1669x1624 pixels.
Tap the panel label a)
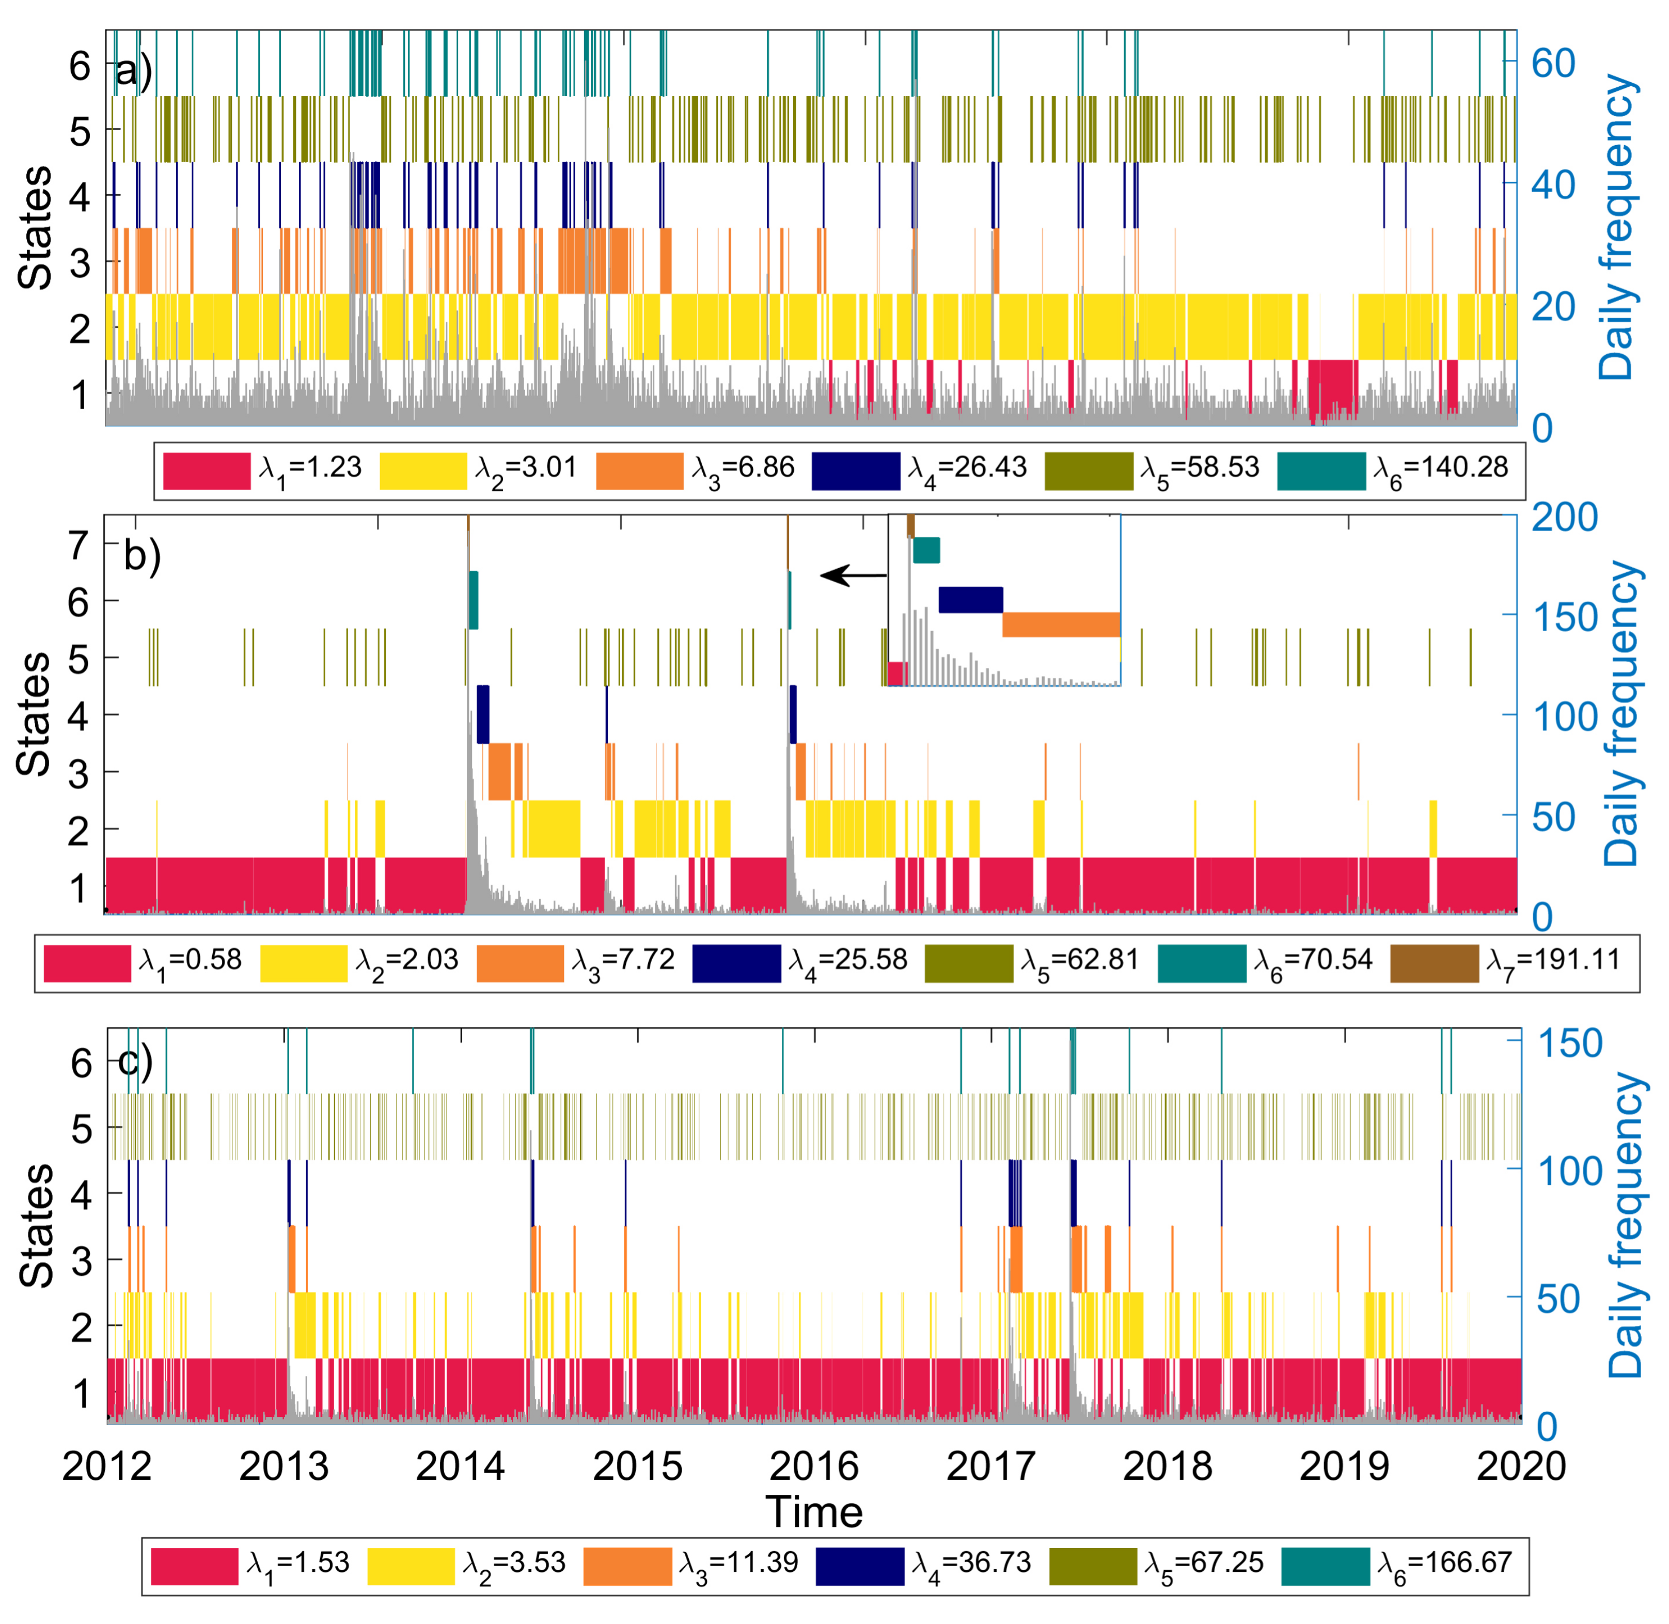[134, 72]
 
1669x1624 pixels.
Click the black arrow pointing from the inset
[853, 576]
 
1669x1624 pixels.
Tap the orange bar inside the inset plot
[1060, 624]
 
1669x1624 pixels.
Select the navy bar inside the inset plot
[970, 600]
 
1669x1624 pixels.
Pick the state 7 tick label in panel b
[78, 545]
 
